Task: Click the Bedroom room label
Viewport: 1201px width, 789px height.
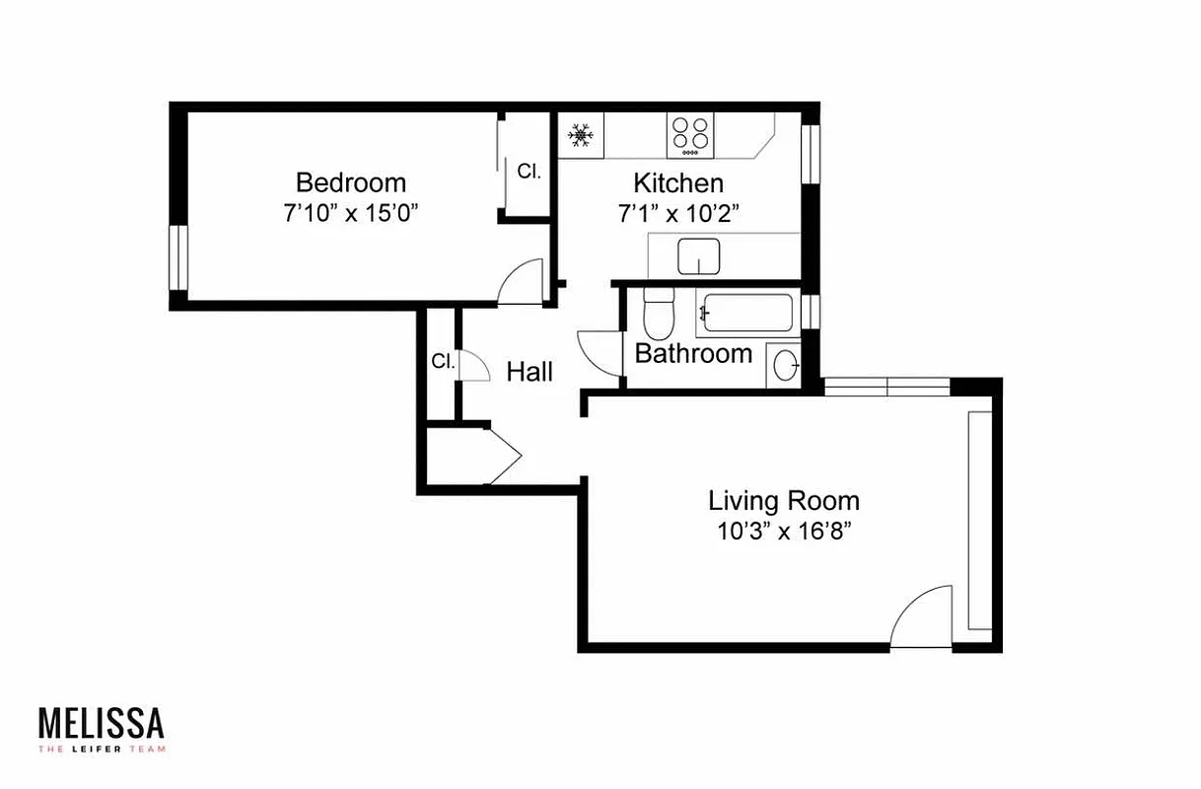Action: pyautogui.click(x=350, y=182)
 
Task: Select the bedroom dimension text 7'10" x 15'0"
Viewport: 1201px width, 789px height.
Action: pyautogui.click(x=351, y=213)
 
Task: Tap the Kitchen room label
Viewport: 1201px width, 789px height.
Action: pyautogui.click(x=677, y=182)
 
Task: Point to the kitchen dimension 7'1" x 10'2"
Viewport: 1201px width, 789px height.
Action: pyautogui.click(x=677, y=213)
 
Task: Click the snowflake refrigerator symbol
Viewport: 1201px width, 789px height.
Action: pyautogui.click(x=581, y=135)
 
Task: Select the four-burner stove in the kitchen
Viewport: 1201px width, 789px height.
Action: pyautogui.click(x=690, y=135)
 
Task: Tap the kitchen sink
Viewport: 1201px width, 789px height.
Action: pyautogui.click(x=699, y=256)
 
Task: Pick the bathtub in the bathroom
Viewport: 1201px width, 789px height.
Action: pyautogui.click(x=747, y=314)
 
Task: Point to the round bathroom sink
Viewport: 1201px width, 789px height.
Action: pyautogui.click(x=786, y=365)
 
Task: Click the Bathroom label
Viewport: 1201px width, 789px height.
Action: pyautogui.click(x=693, y=353)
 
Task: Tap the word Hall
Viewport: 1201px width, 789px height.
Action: pyautogui.click(x=530, y=372)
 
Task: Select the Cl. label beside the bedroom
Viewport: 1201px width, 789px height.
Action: pyautogui.click(x=530, y=171)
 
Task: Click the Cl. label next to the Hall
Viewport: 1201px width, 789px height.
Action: pyautogui.click(x=443, y=361)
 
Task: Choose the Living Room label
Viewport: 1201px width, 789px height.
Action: pyautogui.click(x=783, y=500)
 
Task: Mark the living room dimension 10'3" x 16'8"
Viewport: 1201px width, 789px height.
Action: pyautogui.click(x=784, y=532)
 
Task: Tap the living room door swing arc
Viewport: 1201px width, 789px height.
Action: pyautogui.click(x=921, y=615)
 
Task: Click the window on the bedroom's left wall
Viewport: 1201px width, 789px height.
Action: pyautogui.click(x=177, y=257)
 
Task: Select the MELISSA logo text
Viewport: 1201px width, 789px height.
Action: pyautogui.click(x=102, y=723)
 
